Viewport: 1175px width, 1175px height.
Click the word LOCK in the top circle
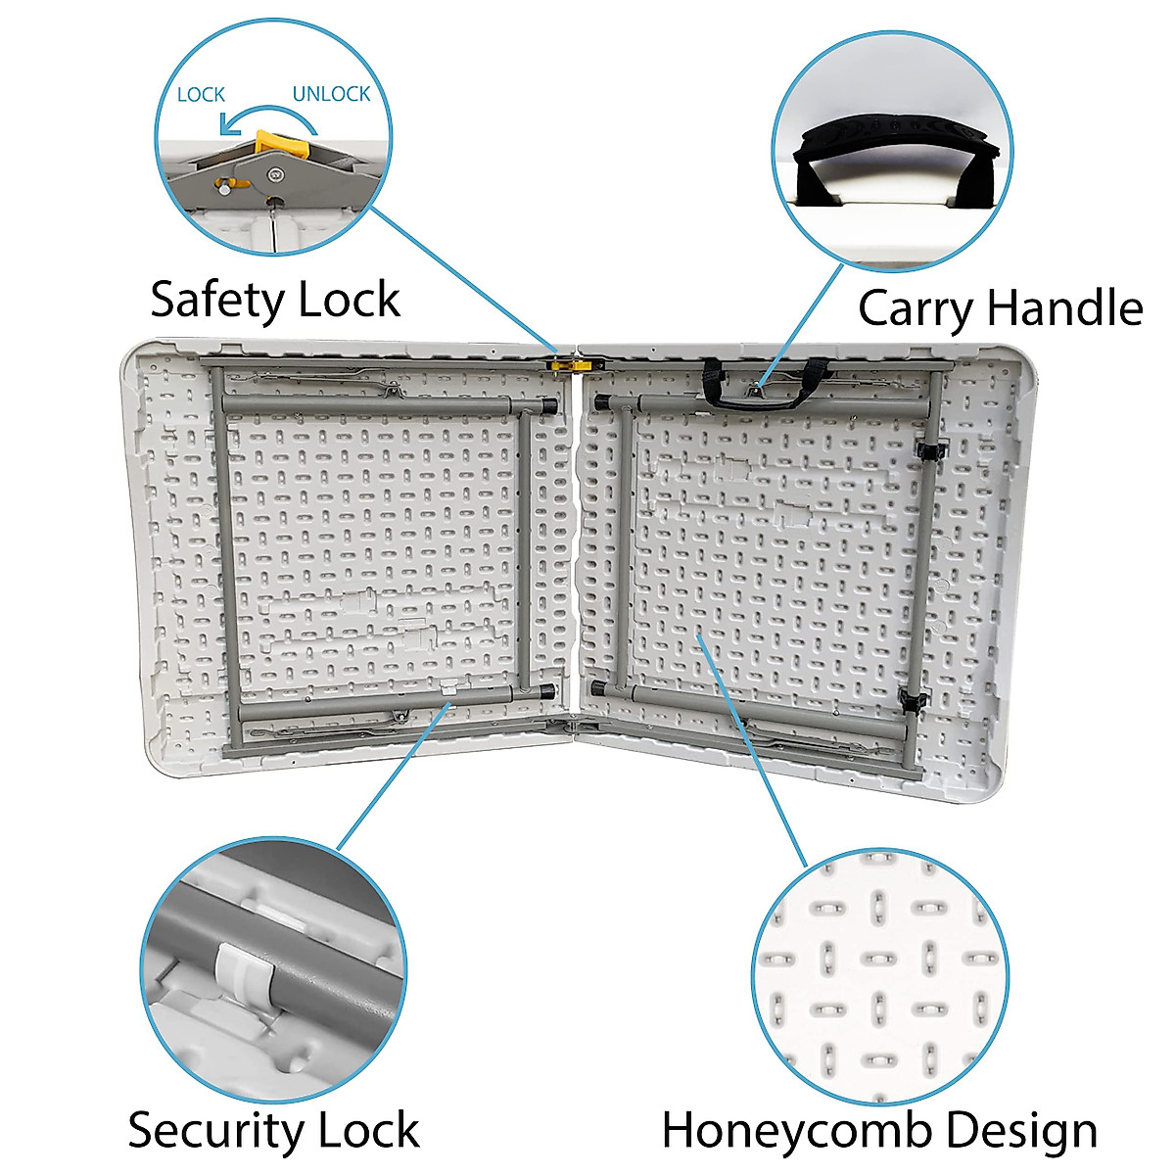(x=201, y=95)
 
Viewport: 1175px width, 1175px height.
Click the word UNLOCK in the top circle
(x=331, y=94)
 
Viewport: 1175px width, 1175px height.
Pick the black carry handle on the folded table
(x=766, y=387)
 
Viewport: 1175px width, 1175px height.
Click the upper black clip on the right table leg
(x=930, y=449)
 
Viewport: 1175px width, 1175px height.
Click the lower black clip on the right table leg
(x=916, y=702)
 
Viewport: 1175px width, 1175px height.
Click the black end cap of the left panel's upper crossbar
(x=548, y=403)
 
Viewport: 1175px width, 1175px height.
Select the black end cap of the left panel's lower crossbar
(x=546, y=691)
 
